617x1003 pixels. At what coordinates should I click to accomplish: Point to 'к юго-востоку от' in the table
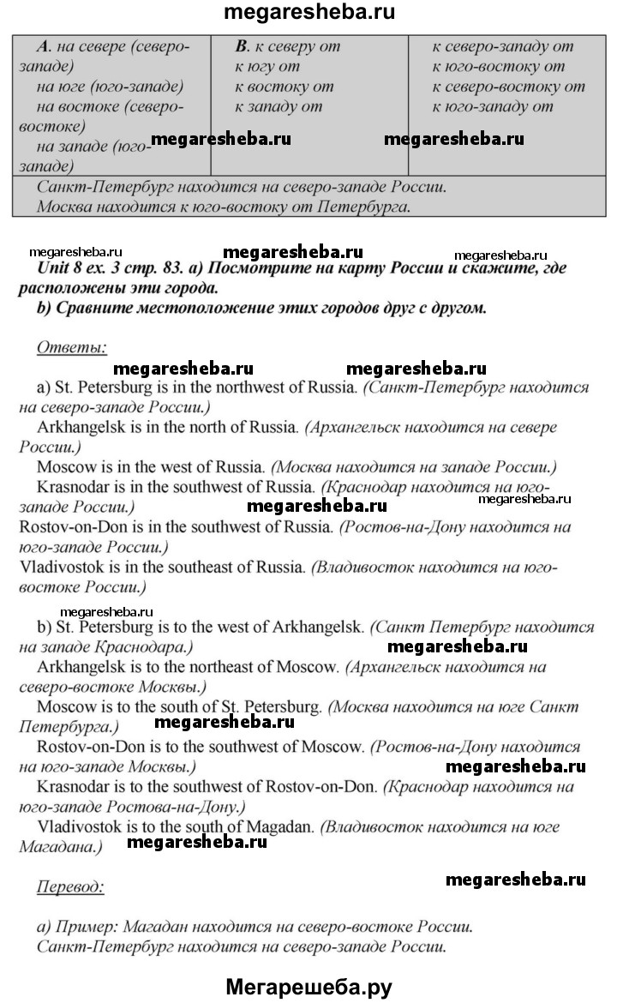(x=498, y=67)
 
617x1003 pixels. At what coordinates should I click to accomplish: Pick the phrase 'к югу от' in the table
(x=267, y=67)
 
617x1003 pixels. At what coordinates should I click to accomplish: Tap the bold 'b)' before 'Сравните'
(x=46, y=309)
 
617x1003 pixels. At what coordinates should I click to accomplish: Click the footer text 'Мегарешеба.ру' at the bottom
(x=308, y=987)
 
